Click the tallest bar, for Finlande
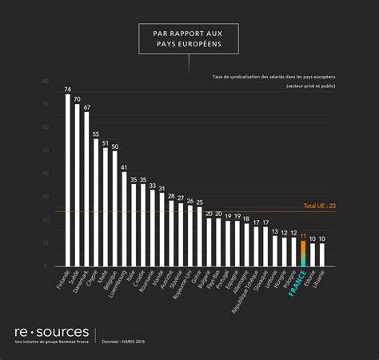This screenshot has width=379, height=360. [x=68, y=181]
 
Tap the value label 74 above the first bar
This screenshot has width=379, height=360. [x=68, y=89]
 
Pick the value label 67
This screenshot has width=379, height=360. [x=86, y=106]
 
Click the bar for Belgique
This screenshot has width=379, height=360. [x=114, y=209]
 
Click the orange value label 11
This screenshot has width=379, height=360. [x=303, y=236]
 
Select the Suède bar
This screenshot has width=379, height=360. [x=78, y=185]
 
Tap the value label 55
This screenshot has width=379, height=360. [x=96, y=134]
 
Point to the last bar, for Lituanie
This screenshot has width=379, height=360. [x=321, y=255]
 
